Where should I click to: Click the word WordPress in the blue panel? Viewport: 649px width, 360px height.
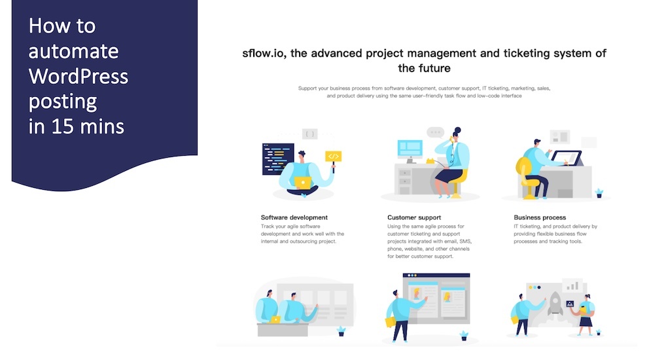pos(78,77)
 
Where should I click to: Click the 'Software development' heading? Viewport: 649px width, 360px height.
pos(294,217)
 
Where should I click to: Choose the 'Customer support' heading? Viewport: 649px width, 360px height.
pos(414,217)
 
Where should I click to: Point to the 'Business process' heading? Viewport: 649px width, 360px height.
pos(540,217)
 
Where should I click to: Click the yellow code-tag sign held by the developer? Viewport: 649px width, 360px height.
pos(334,156)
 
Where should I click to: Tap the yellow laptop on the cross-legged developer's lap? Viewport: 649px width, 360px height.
pos(303,183)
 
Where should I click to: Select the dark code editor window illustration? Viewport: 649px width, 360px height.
pos(277,160)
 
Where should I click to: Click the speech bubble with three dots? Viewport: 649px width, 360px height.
pos(435,132)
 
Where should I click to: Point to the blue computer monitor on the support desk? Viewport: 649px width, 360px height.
pos(410,149)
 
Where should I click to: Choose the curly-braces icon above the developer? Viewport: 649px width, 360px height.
pos(310,134)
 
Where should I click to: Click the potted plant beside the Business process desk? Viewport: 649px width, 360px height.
pos(599,192)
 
